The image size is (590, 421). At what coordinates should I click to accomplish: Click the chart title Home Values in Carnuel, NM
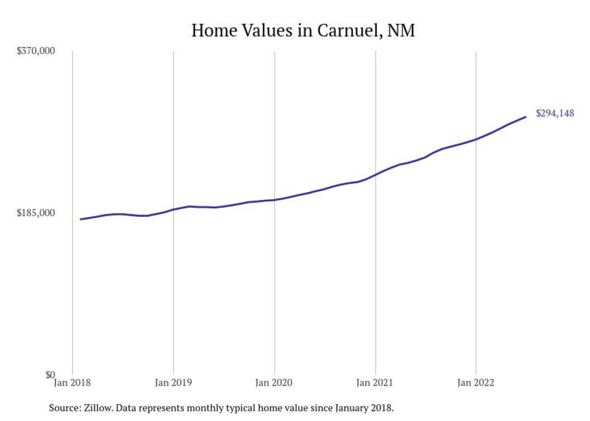point(303,30)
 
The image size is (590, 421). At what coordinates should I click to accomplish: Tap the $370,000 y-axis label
point(36,51)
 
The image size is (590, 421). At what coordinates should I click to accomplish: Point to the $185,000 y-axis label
point(36,213)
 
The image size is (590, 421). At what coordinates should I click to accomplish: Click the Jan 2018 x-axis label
point(73,382)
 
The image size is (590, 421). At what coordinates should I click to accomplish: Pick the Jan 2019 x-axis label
point(173,382)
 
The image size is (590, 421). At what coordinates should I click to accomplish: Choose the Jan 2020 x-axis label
point(275,382)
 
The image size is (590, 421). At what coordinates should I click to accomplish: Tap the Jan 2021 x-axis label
point(376,382)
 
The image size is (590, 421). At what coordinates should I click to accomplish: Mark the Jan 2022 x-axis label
point(476,382)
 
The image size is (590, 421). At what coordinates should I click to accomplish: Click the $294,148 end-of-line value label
point(554,113)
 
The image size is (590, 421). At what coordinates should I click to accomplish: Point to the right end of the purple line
point(526,117)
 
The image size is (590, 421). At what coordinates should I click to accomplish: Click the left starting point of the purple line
point(81,219)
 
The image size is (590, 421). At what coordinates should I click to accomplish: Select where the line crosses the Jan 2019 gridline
point(173,210)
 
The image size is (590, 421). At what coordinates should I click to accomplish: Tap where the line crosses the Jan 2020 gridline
point(275,199)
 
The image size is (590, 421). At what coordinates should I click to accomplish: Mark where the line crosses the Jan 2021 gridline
point(376,174)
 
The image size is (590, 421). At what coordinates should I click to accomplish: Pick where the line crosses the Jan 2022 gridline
point(476,139)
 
